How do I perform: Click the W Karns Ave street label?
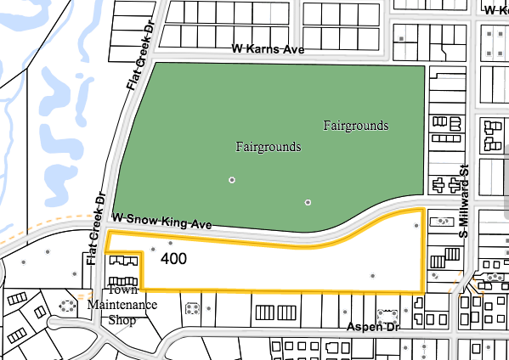[x=268, y=50]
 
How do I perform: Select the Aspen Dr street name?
[x=373, y=327]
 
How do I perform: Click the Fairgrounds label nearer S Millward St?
[x=356, y=126]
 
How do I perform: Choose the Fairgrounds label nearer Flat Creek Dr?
[x=268, y=147]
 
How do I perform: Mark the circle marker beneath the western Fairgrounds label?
[x=231, y=180]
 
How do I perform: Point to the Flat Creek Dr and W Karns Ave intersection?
[x=136, y=59]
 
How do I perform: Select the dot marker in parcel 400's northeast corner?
[x=416, y=226]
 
